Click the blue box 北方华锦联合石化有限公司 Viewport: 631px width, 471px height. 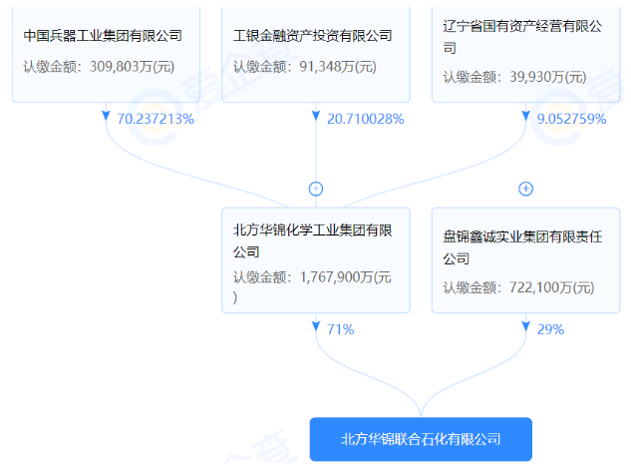(x=421, y=439)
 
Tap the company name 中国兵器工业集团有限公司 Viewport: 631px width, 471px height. (x=103, y=36)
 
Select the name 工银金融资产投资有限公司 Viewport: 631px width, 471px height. (x=313, y=36)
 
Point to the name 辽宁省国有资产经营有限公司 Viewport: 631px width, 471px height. (x=522, y=37)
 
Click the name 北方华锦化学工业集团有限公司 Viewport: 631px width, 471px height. (x=313, y=240)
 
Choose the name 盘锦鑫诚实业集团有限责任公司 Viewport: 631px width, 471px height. (x=522, y=247)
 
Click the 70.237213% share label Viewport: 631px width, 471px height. (x=156, y=119)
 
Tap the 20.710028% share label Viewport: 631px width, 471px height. (x=366, y=119)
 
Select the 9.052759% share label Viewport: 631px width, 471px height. (x=571, y=119)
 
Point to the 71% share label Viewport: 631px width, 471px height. (x=341, y=329)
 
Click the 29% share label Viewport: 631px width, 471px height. (x=550, y=329)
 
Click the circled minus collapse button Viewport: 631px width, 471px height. (x=316, y=189)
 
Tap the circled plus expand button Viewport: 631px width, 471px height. (x=526, y=189)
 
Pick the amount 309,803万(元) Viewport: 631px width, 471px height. (x=132, y=67)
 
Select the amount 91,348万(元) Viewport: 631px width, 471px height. (x=338, y=67)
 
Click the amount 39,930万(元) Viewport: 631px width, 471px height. (x=548, y=77)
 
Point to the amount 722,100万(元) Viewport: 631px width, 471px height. (x=551, y=287)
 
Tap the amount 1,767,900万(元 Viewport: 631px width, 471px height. (x=346, y=277)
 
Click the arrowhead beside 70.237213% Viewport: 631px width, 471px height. (x=106, y=116)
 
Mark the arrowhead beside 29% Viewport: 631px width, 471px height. (x=526, y=326)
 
